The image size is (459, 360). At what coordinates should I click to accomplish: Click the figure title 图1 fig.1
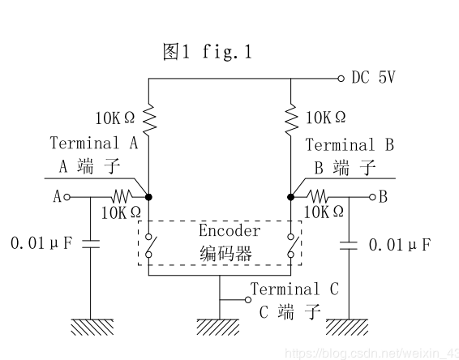[x=207, y=53]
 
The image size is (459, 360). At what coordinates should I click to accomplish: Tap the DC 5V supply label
[x=374, y=79]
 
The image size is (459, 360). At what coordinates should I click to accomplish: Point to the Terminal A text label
[x=94, y=144]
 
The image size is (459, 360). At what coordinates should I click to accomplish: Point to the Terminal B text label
[x=350, y=145]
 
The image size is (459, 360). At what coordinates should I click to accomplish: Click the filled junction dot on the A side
[x=148, y=196]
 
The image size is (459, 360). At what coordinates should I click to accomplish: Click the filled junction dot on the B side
[x=291, y=196]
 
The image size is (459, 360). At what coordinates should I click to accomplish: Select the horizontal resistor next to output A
[x=120, y=196]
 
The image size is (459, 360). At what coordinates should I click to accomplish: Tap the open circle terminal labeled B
[x=372, y=196]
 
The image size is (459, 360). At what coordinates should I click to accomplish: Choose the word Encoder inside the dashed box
[x=229, y=230]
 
